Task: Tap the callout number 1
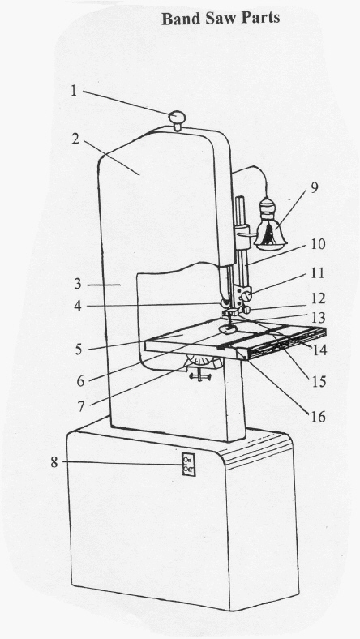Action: pos(74,92)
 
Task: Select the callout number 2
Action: pos(75,139)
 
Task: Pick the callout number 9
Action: pos(315,187)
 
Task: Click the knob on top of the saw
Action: pos(178,120)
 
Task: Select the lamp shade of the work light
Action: pos(271,230)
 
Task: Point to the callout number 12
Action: pos(317,298)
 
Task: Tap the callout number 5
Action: pos(79,350)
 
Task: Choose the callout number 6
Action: pos(79,378)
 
